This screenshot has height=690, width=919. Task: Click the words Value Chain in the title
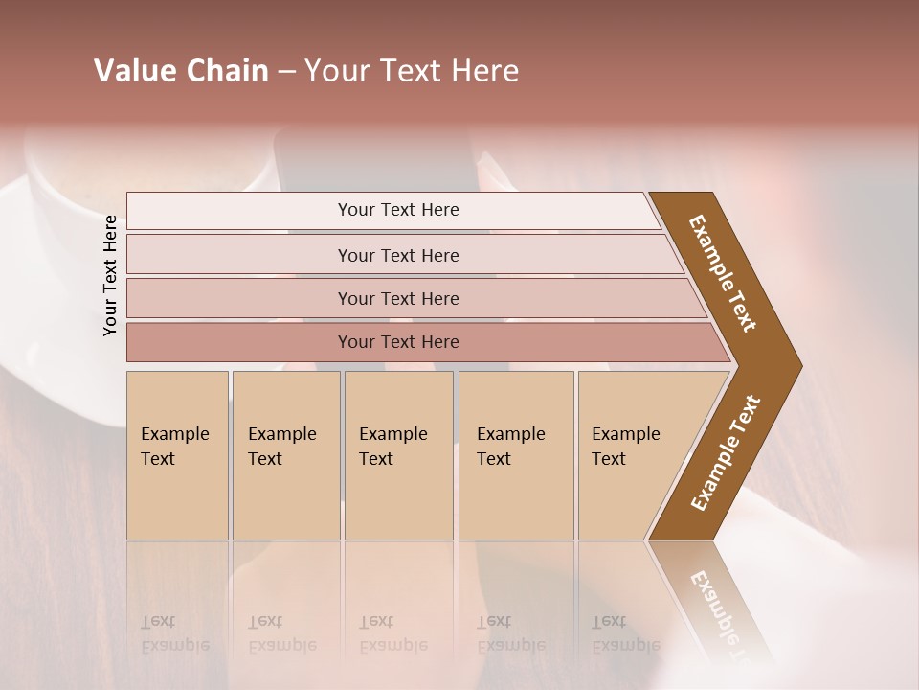click(x=181, y=71)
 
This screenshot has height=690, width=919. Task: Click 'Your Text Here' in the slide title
click(x=412, y=71)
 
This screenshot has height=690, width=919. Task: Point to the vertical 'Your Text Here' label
click(x=110, y=275)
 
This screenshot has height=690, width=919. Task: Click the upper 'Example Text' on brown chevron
click(x=723, y=272)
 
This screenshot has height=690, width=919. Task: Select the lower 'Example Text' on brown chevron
click(x=726, y=452)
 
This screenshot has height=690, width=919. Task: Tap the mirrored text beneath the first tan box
click(x=175, y=633)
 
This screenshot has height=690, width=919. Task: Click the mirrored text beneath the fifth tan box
click(x=626, y=633)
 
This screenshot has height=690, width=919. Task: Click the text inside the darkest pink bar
click(x=398, y=342)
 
